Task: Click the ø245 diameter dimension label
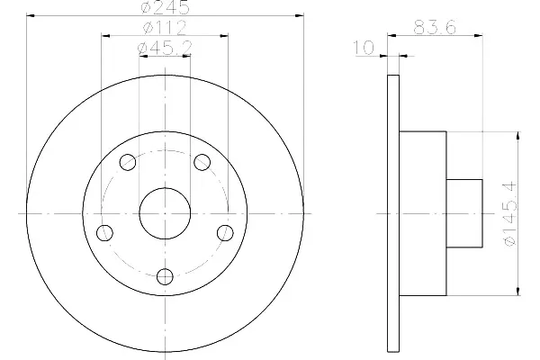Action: coord(166,7)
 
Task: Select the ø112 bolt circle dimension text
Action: coord(165,28)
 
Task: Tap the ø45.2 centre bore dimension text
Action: coord(165,48)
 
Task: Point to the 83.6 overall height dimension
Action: coord(435,27)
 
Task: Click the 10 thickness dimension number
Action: coord(364,48)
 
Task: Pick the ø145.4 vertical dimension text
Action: coord(510,213)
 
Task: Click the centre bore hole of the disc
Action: coord(165,213)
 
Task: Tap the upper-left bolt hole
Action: coord(128,162)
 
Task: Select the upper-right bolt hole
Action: coord(202,162)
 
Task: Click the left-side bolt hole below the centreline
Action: coord(104,233)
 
